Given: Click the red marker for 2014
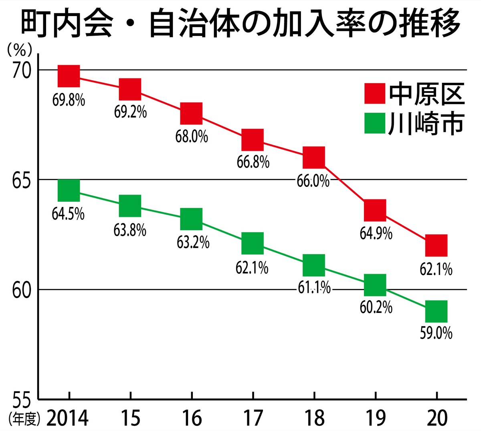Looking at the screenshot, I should tap(69, 76).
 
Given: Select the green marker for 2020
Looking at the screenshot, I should tap(436, 311).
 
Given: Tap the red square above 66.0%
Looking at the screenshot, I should tap(313, 157).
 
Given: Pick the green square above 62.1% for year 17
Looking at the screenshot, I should tap(253, 243).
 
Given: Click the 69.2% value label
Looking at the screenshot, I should tap(130, 112).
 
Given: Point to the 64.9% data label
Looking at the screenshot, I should tap(376, 233).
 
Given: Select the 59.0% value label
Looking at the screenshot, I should tap(436, 333).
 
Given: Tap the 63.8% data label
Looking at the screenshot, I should tap(130, 231).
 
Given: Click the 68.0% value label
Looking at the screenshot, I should tap(192, 136).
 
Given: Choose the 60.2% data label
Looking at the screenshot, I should tap(376, 307).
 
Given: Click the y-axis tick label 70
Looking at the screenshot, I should tap(21, 72).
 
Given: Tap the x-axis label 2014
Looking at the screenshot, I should tap(67, 418).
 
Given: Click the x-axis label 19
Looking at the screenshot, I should tap(376, 418).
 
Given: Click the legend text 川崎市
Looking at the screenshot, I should tap(426, 123).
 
